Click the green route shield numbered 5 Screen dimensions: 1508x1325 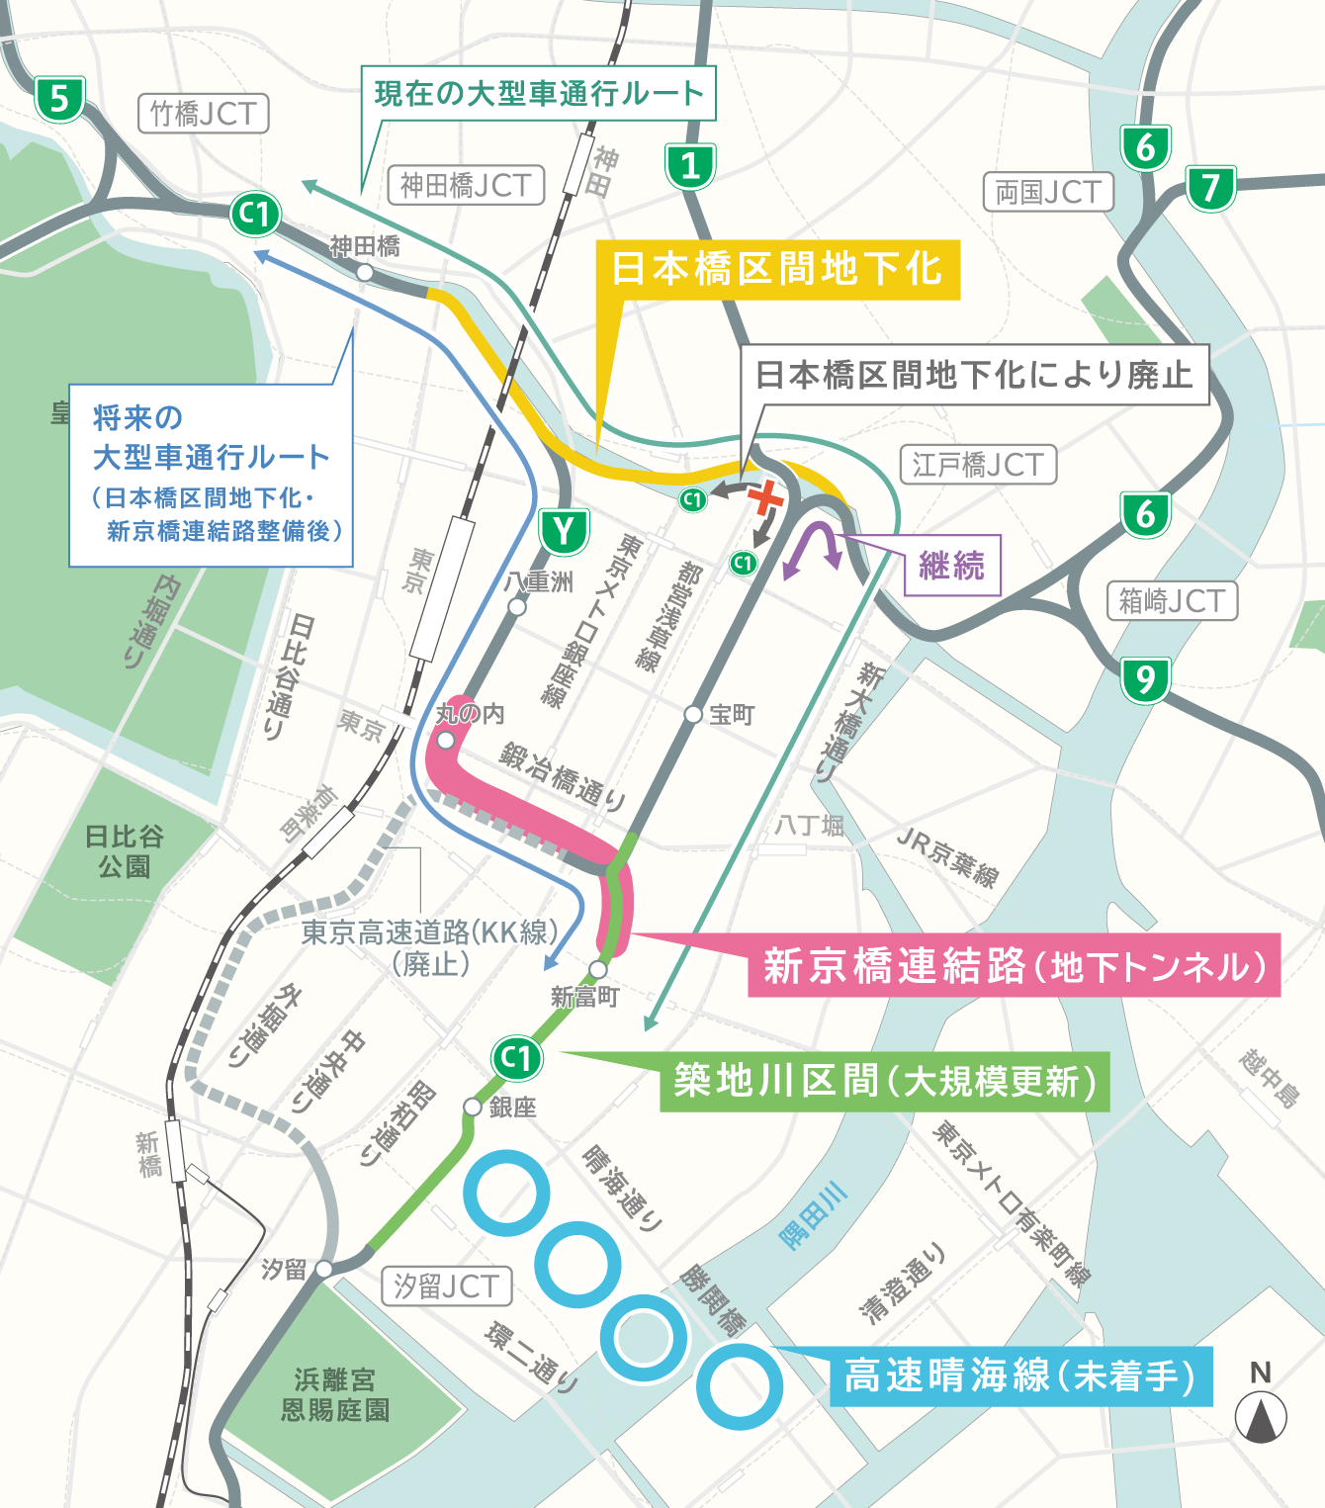pyautogui.click(x=59, y=99)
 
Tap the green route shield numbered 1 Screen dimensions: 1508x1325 pyautogui.click(x=690, y=166)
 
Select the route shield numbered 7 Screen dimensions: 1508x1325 pyautogui.click(x=1210, y=188)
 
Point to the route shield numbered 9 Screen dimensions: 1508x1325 pyautogui.click(x=1145, y=680)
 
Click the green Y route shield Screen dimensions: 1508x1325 pyautogui.click(x=564, y=532)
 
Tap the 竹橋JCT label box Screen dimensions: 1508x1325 pyautogui.click(x=203, y=114)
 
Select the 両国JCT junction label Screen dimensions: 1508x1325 pyautogui.click(x=1048, y=192)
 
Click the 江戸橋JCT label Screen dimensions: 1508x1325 pyautogui.click(x=978, y=465)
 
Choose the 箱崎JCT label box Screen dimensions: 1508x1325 pyautogui.click(x=1172, y=600)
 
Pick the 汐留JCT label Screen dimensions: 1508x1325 pyautogui.click(x=447, y=1286)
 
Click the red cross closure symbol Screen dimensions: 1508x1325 pyautogui.click(x=765, y=497)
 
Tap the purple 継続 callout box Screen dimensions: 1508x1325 pyautogui.click(x=952, y=566)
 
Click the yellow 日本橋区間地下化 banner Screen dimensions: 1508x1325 pyautogui.click(x=777, y=269)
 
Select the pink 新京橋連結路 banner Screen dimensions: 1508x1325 pyautogui.click(x=1014, y=965)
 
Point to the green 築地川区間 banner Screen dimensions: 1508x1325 pyautogui.click(x=885, y=1081)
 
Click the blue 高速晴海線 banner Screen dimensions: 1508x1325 pyautogui.click(x=1020, y=1375)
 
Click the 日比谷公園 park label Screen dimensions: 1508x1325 pyautogui.click(x=124, y=851)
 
